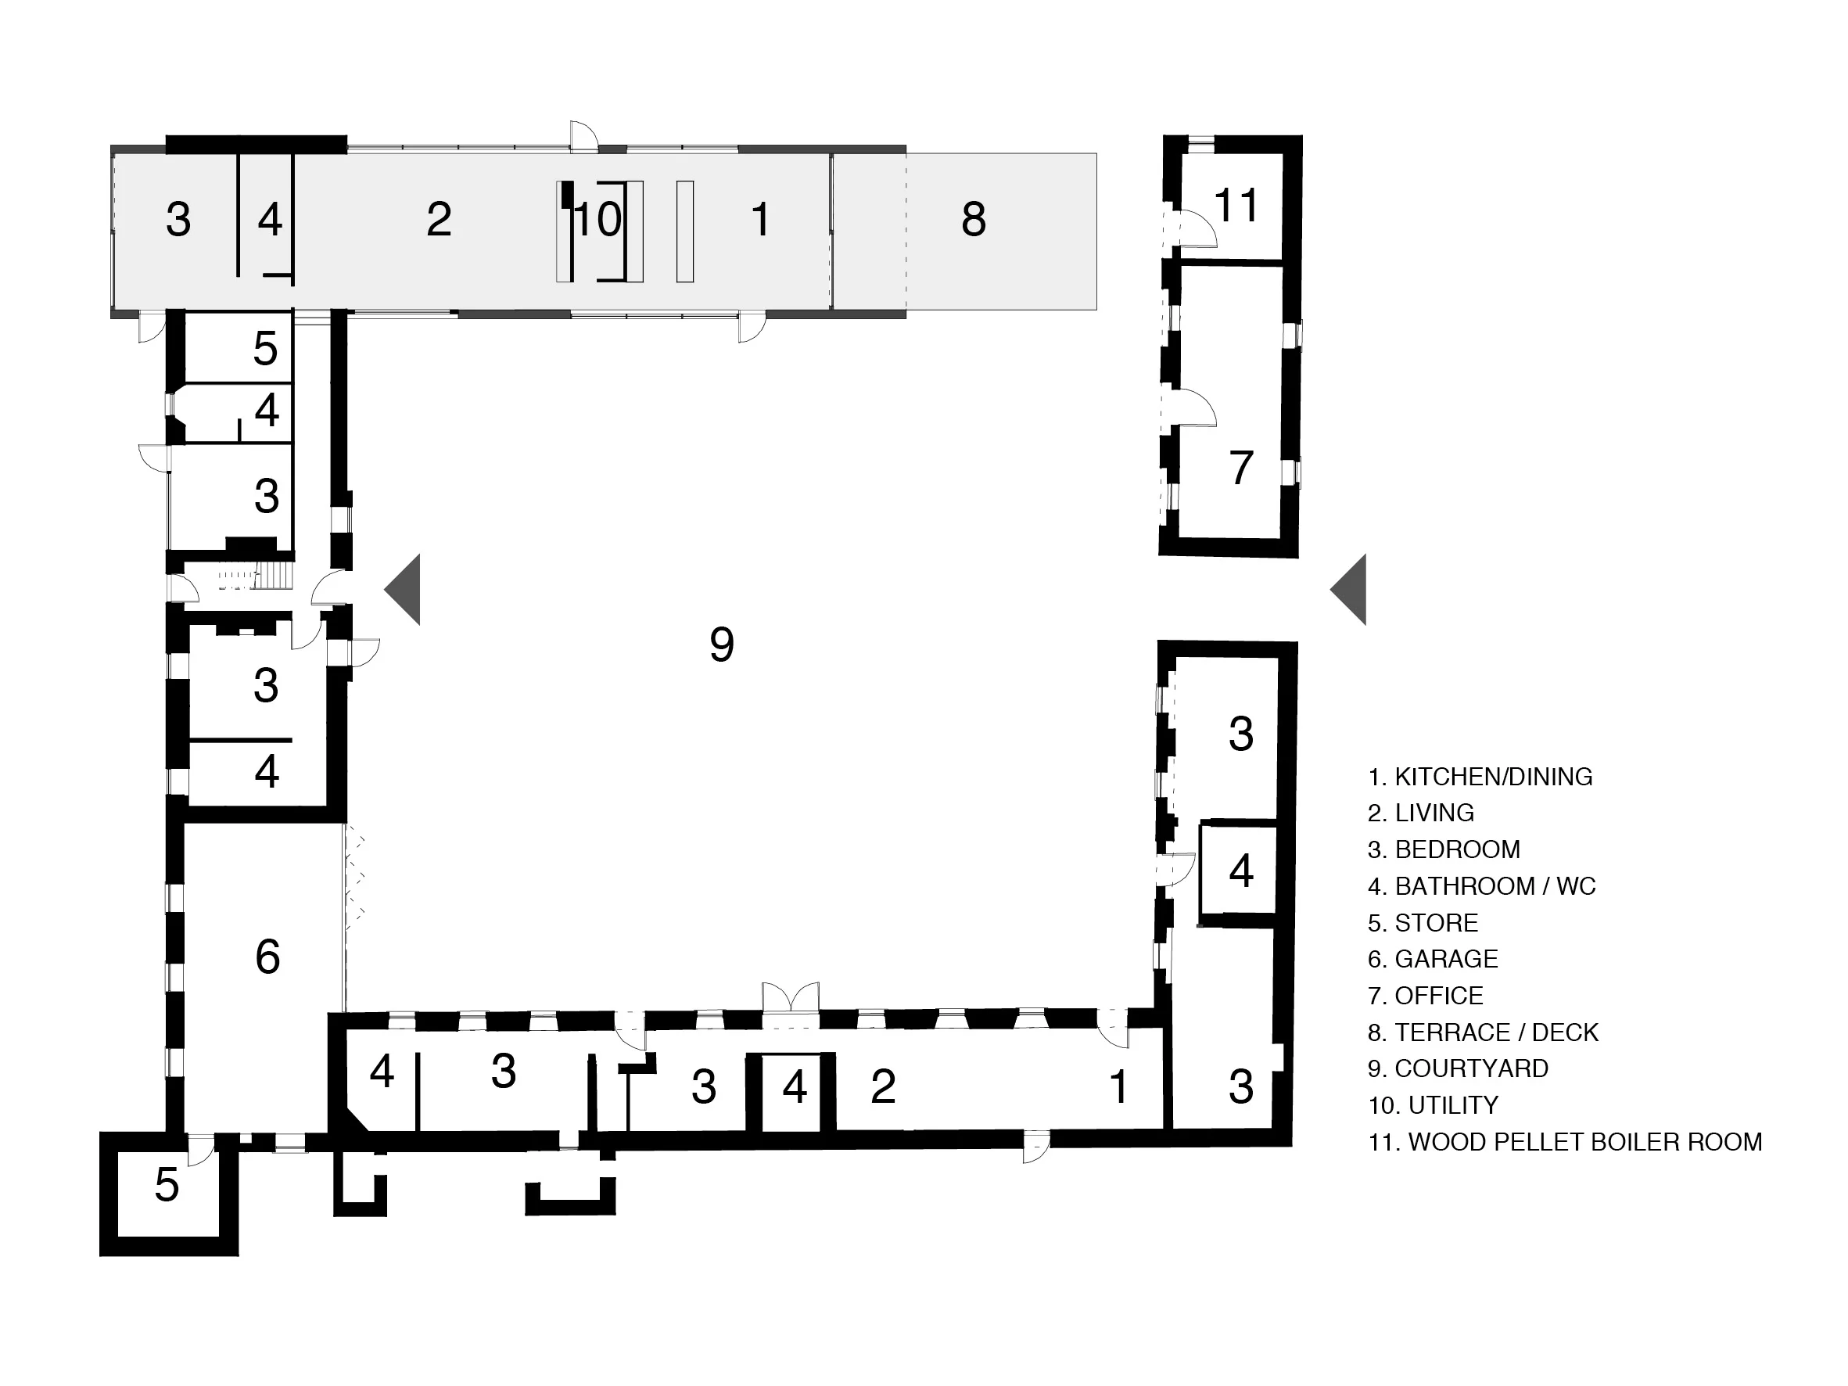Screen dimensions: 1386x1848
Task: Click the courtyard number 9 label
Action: [x=721, y=645]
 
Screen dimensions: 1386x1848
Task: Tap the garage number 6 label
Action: [x=267, y=957]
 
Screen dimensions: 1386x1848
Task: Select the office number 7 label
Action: [x=1240, y=468]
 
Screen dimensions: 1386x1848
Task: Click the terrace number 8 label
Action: [x=974, y=220]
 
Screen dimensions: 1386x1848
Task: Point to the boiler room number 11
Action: [x=1235, y=206]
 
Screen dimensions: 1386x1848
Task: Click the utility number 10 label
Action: [x=598, y=220]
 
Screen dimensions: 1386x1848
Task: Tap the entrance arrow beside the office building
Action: [x=1350, y=590]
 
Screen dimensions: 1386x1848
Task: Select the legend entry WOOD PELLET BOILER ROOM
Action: [x=1564, y=1142]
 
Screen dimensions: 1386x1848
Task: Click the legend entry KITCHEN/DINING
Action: [x=1480, y=777]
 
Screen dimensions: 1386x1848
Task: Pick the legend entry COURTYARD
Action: [x=1458, y=1068]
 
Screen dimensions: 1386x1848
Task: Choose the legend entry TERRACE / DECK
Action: [x=1482, y=1032]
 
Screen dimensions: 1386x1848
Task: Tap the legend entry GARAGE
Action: [x=1432, y=959]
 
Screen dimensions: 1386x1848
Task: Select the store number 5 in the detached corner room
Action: [x=167, y=1185]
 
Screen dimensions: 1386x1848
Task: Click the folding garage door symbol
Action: [x=354, y=873]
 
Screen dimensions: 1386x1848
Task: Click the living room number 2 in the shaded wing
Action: [x=439, y=220]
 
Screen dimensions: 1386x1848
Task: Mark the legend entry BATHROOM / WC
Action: [x=1481, y=886]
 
